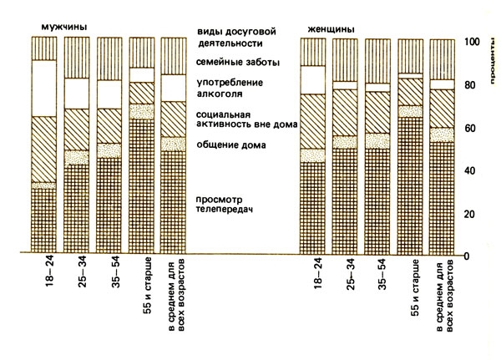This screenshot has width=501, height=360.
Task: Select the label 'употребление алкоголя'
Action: [229, 88]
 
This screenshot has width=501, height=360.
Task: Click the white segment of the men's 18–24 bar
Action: [43, 88]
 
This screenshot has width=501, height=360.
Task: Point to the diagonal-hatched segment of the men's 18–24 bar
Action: [43, 149]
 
